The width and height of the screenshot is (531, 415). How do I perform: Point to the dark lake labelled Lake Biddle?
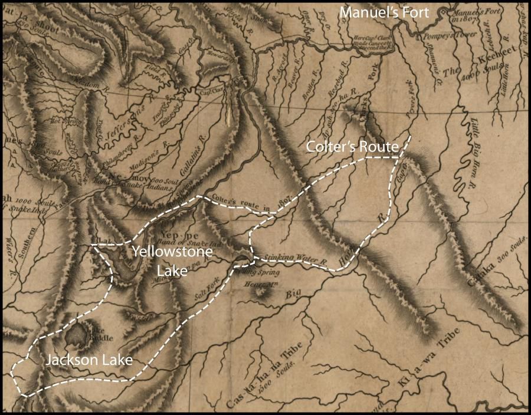click(77, 336)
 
